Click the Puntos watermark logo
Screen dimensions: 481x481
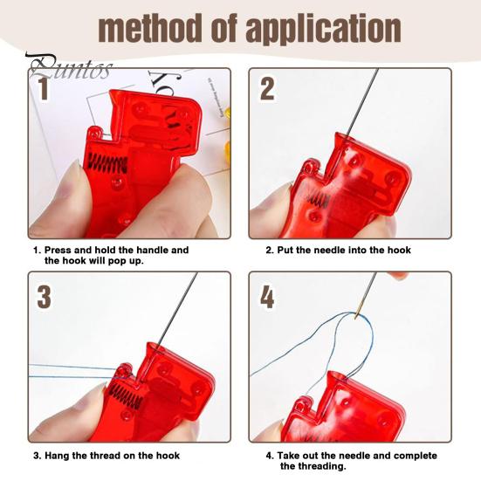coord(69,67)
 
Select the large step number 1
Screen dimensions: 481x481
coord(44,89)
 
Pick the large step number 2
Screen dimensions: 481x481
coord(266,89)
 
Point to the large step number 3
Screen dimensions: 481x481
coord(44,297)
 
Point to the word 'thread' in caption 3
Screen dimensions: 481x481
coord(100,455)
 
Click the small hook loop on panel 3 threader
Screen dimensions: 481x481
coord(125,370)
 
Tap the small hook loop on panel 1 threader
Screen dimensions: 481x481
coord(95,133)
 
